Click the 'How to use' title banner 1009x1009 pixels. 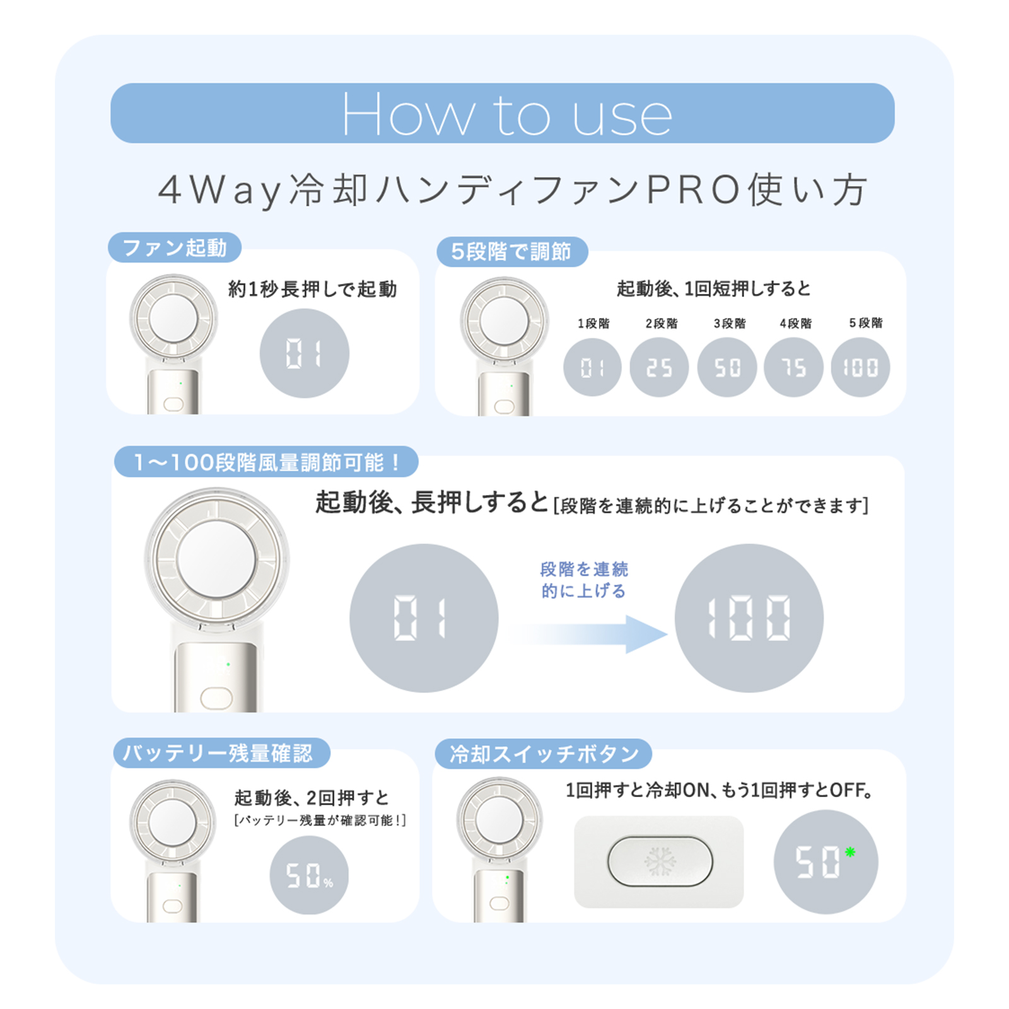pos(503,114)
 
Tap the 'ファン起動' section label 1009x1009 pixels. pos(175,247)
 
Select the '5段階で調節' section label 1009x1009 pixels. pos(511,252)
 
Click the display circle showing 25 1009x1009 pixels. pos(659,367)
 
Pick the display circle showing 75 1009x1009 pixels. pos(793,367)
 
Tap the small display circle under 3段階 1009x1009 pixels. pos(726,367)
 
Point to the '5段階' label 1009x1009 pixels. pos(865,323)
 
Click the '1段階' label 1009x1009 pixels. pos(593,324)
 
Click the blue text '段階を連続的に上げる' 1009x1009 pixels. pos(584,580)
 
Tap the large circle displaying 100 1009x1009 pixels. pos(749,618)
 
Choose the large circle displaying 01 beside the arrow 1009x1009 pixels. pos(424,618)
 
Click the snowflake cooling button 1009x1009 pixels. pos(660,861)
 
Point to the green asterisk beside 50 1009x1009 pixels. pos(850,853)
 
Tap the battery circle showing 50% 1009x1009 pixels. pos(309,875)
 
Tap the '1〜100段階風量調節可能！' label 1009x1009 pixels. pos(266,462)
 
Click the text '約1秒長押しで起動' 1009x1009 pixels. pos(312,289)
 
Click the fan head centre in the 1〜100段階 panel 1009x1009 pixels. pos(216,559)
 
